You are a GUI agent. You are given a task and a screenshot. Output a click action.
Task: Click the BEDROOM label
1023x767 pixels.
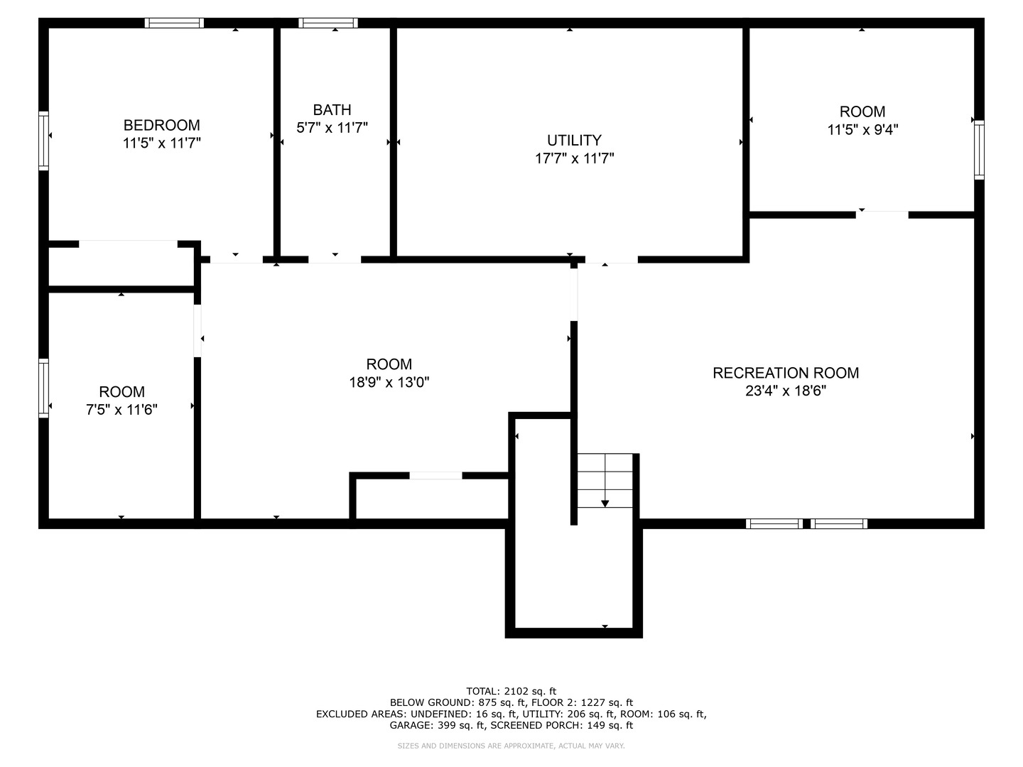point(162,125)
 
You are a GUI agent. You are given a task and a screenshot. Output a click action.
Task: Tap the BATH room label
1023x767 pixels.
point(332,109)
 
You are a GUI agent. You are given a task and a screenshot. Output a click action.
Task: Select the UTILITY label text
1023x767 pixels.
point(574,140)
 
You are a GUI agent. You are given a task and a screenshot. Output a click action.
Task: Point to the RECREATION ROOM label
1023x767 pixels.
point(786,373)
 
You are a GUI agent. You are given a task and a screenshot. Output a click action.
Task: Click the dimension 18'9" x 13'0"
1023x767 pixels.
point(389,382)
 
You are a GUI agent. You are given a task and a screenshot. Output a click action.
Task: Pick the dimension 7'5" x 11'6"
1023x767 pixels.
point(122,410)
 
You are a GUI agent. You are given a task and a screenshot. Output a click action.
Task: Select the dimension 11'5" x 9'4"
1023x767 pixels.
point(862,130)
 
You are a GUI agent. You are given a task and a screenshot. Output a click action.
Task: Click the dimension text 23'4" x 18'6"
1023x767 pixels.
point(786,391)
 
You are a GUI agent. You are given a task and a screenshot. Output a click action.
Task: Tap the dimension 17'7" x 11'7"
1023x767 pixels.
point(574,158)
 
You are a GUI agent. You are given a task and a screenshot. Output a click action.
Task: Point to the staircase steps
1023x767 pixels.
point(605,472)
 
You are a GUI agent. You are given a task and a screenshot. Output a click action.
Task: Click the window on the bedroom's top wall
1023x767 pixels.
point(175,23)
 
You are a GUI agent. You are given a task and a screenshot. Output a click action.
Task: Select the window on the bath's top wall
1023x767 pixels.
point(328,23)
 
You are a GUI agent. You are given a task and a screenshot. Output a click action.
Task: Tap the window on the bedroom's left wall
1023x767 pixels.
point(43,141)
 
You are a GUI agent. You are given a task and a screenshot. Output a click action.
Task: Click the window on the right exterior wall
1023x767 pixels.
point(979,150)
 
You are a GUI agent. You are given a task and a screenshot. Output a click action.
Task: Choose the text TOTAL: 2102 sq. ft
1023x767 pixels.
point(511,691)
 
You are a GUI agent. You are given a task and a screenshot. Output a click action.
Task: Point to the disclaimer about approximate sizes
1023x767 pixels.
point(511,746)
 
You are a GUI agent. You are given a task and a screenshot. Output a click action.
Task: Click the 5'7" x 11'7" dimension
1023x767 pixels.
point(332,128)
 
